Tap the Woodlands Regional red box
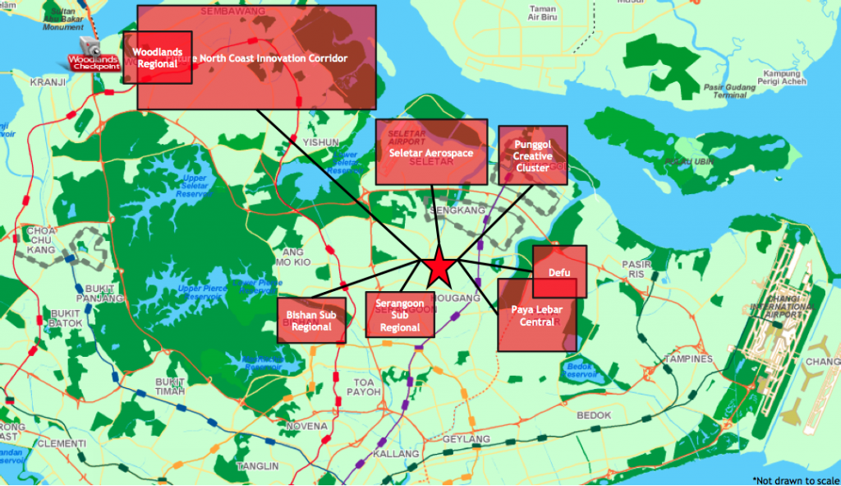(x=157, y=58)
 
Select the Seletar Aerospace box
(x=430, y=153)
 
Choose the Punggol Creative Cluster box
(x=533, y=155)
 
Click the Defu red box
(x=559, y=271)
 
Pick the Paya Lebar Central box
(x=536, y=316)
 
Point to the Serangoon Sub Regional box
(x=399, y=316)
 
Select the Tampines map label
(x=688, y=359)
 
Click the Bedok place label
(x=595, y=416)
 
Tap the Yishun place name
(x=320, y=142)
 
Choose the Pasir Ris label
(x=634, y=270)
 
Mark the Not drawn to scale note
(x=794, y=479)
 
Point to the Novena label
(x=307, y=427)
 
